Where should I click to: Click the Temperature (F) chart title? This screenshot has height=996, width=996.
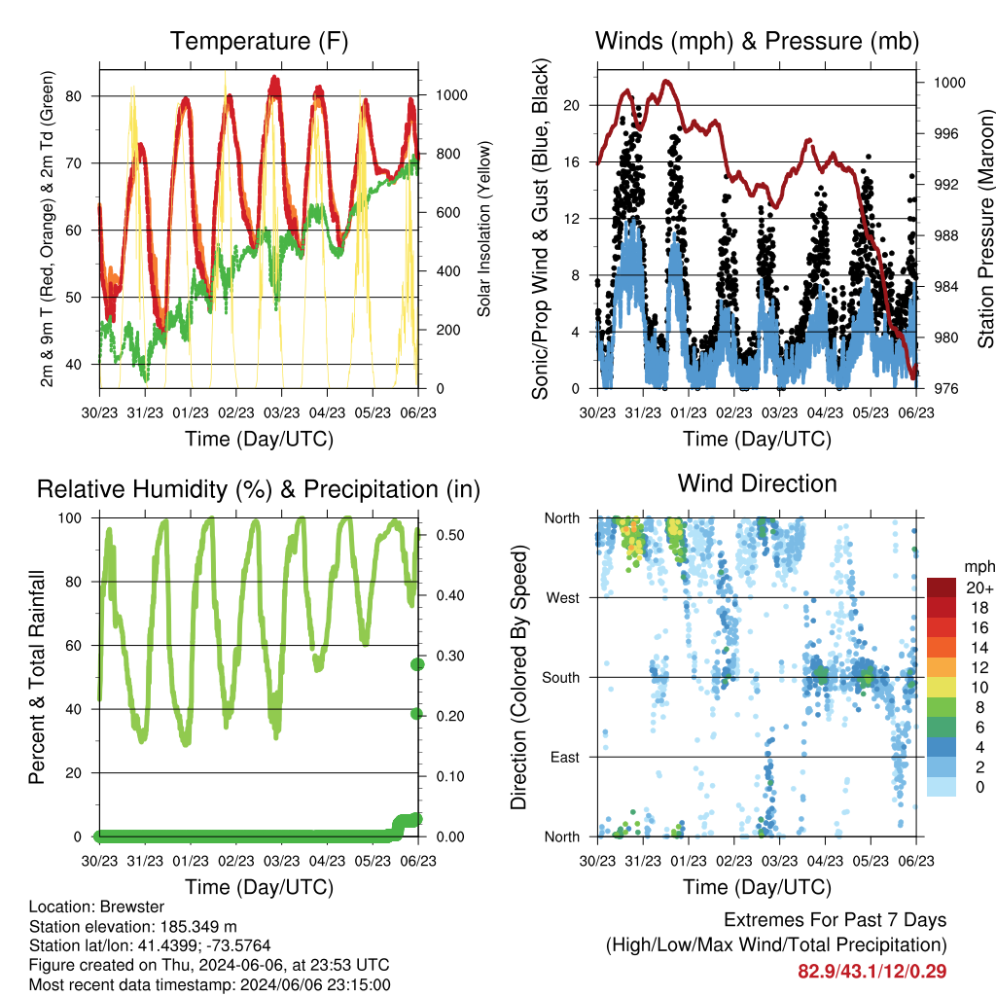(x=259, y=41)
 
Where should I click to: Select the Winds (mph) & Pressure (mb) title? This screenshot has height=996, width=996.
(x=757, y=41)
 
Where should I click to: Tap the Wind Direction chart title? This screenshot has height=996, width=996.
(x=757, y=483)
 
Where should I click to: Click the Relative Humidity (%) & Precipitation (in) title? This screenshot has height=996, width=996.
(x=259, y=490)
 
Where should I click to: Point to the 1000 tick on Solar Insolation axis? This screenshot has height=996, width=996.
(x=451, y=95)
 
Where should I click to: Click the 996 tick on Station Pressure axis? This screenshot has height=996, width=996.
(x=945, y=133)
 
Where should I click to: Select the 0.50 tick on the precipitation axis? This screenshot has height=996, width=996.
(x=450, y=535)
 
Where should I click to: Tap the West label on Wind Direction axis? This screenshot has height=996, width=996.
(x=563, y=598)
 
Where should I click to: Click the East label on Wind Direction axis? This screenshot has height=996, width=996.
(x=565, y=757)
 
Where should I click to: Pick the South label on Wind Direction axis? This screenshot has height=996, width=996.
(x=561, y=678)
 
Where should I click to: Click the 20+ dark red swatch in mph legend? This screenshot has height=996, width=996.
(x=942, y=587)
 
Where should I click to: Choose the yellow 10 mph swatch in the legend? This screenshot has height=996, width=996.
(x=942, y=687)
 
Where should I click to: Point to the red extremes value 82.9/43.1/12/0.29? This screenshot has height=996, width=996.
(x=872, y=972)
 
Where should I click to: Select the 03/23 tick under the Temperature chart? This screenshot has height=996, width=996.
(x=281, y=412)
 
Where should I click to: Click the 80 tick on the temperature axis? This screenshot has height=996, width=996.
(x=74, y=96)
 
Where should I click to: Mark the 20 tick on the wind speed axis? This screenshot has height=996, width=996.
(x=572, y=105)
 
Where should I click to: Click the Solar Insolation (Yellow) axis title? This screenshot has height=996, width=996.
(x=484, y=230)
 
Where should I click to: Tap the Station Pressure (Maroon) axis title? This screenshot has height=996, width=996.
(x=985, y=229)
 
